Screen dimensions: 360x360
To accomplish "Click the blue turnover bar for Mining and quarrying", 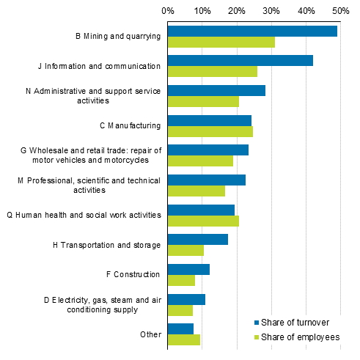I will click(x=252, y=31).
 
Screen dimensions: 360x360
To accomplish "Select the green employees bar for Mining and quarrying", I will click(x=221, y=42).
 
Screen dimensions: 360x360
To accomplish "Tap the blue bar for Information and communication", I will click(x=240, y=60).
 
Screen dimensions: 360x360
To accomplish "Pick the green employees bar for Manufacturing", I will click(x=210, y=131).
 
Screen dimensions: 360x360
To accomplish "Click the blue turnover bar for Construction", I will click(x=188, y=269).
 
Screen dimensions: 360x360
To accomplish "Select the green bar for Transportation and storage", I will click(x=185, y=251).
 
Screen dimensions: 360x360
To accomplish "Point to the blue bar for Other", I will click(x=180, y=328).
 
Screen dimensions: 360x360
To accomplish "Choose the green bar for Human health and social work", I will click(x=203, y=221).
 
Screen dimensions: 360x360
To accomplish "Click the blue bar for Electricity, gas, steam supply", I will click(x=186, y=299).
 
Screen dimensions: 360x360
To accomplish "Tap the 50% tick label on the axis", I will click(x=339, y=11).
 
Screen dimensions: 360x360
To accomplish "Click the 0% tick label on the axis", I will click(x=168, y=11).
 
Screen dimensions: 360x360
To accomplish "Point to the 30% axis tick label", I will click(x=271, y=11).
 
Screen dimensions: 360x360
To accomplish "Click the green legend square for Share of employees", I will click(x=257, y=337).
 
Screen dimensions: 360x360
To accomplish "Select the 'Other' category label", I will click(x=150, y=334).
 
